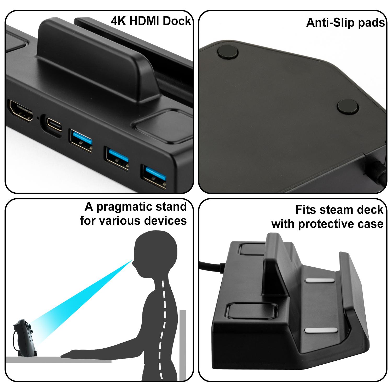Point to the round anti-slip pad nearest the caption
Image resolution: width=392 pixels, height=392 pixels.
point(228,51)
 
